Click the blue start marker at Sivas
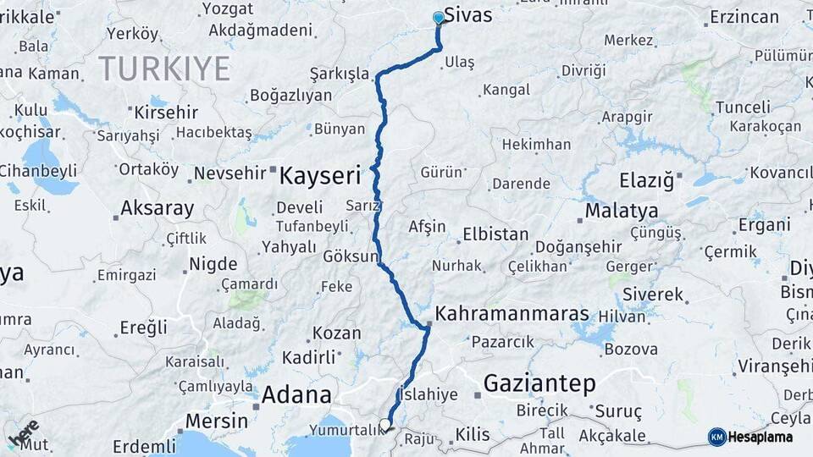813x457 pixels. point(439,18)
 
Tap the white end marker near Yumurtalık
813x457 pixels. point(385,425)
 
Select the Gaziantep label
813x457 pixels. point(539,384)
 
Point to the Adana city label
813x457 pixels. point(296,394)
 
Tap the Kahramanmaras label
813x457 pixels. point(512,314)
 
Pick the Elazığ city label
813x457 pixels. point(645,180)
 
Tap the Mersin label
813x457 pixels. point(216,421)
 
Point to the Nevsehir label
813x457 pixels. point(230,173)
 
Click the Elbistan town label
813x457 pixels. point(495,234)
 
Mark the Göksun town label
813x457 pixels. point(350,256)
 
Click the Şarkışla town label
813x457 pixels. point(340,74)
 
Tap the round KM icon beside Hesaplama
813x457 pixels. point(716,437)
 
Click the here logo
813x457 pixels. point(23,432)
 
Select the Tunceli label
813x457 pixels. point(743,107)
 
